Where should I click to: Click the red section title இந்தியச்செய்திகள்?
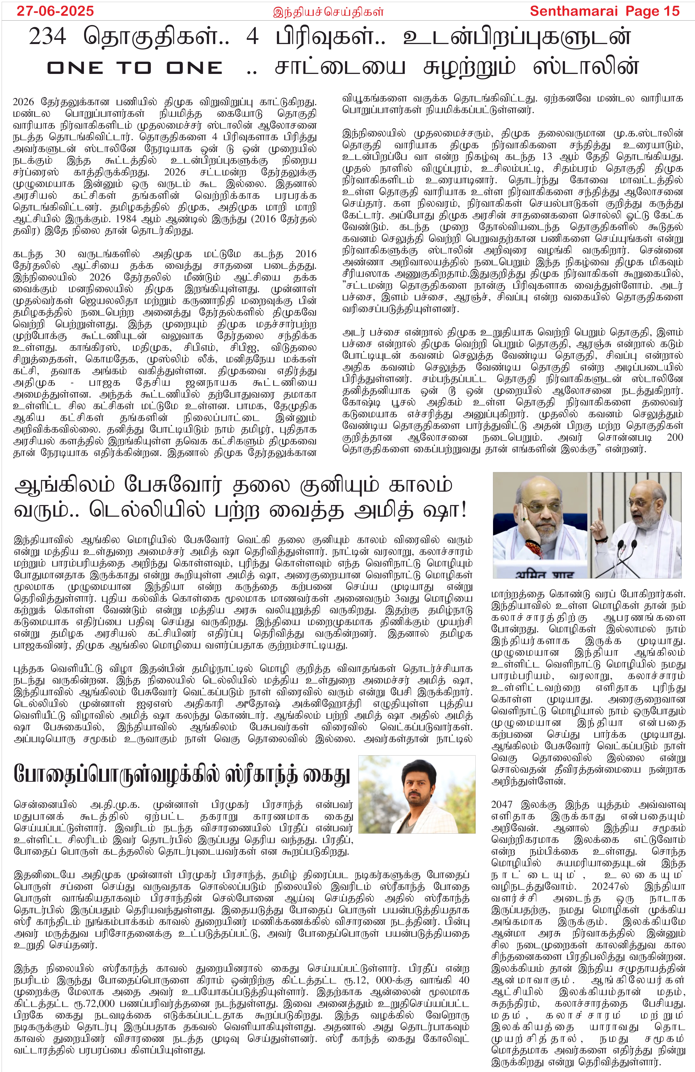[328, 12]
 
